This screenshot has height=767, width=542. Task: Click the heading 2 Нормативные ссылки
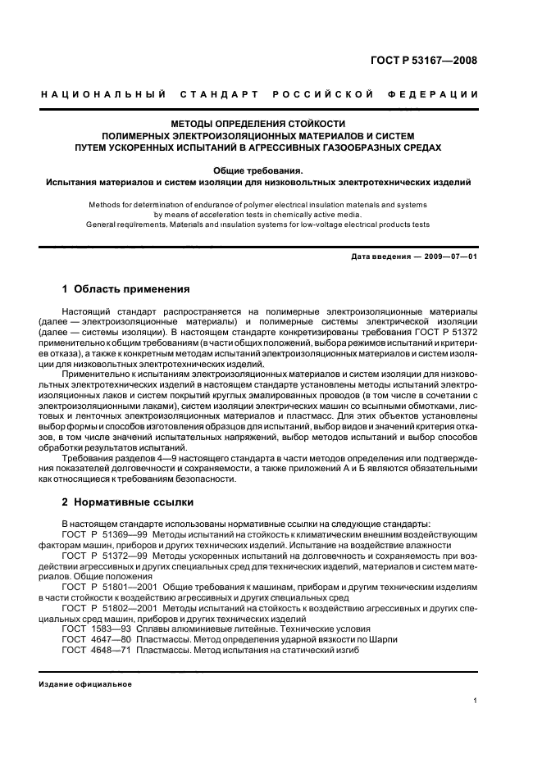125,501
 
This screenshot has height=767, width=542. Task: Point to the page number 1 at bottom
476,701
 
